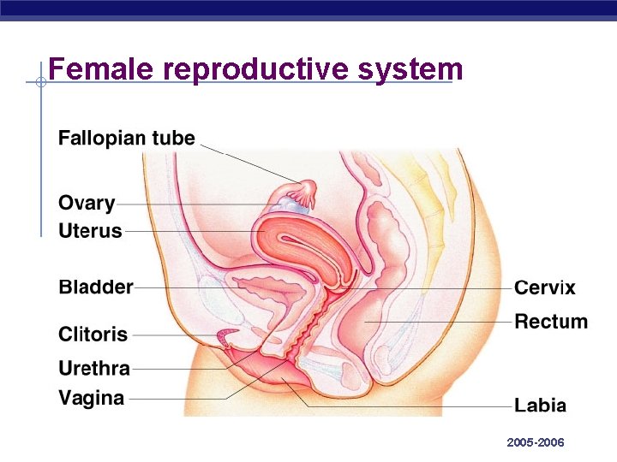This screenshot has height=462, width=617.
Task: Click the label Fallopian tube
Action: (x=127, y=139)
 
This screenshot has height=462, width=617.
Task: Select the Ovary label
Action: (x=87, y=204)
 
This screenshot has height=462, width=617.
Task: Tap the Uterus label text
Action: (x=90, y=231)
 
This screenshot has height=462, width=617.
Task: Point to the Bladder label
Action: (x=96, y=287)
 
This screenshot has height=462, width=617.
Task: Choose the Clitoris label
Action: (x=93, y=335)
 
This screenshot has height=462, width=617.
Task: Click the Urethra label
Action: (x=94, y=370)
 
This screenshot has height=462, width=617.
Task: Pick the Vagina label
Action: (x=91, y=398)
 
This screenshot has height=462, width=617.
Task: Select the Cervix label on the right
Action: (x=545, y=288)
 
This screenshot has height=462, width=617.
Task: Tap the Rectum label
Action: (x=551, y=323)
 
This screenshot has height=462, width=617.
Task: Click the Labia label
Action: (x=540, y=406)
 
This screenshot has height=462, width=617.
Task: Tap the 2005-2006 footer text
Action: (x=536, y=442)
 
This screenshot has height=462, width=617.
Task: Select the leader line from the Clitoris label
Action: (x=180, y=335)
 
